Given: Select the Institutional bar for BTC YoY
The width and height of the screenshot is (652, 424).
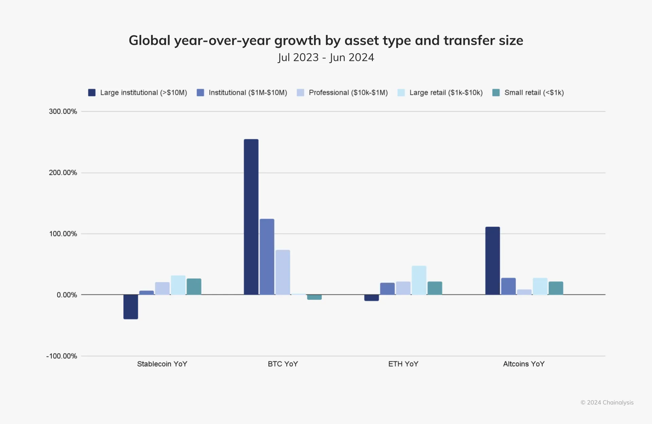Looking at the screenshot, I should (267, 257).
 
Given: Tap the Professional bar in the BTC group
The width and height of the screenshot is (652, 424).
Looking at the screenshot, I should (283, 272).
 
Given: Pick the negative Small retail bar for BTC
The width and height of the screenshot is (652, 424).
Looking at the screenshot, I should (314, 297).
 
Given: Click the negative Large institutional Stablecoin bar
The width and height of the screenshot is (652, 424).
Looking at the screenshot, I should (131, 307).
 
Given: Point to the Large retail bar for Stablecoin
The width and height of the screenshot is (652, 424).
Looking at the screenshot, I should (178, 285).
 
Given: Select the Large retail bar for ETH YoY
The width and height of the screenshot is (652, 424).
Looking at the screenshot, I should (419, 280).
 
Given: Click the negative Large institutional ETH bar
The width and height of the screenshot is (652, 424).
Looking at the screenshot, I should (372, 298).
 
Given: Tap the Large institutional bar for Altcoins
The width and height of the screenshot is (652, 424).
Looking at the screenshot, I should (492, 261).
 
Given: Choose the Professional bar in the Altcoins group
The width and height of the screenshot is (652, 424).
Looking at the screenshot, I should (524, 292).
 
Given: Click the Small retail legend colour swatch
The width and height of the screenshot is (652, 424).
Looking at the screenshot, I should (496, 92).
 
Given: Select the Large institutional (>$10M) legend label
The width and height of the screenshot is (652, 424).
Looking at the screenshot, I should (144, 92).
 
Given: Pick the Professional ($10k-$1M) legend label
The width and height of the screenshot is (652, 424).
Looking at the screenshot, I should (348, 92).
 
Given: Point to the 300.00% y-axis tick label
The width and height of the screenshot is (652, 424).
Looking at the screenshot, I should (63, 111).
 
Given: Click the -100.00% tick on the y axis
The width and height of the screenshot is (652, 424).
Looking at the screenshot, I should (61, 356).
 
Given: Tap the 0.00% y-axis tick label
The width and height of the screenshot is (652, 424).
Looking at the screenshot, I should (67, 295).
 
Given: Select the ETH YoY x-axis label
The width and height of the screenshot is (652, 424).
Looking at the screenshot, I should (403, 364).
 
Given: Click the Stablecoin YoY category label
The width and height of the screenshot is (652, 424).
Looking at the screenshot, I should (162, 364).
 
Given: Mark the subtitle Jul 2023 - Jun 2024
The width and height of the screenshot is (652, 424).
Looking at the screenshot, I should (326, 57).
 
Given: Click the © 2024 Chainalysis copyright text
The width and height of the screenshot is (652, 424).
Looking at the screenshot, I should (607, 403).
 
